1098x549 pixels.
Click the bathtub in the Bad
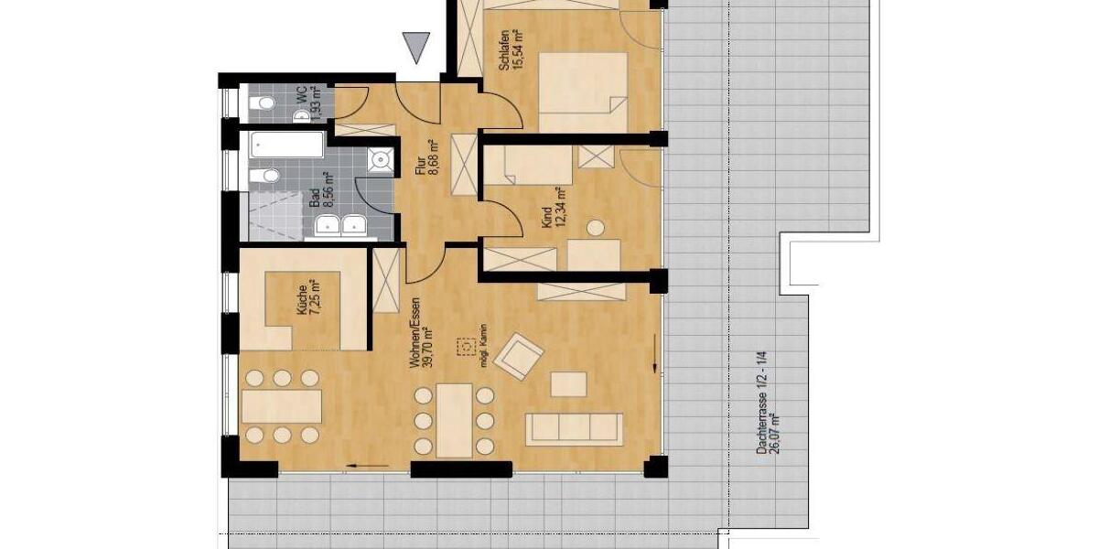(285, 145)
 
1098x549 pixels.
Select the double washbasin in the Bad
(340, 226)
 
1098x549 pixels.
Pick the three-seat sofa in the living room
(574, 427)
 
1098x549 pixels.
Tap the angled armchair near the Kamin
(518, 355)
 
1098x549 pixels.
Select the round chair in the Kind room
(597, 227)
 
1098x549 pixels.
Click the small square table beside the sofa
(568, 383)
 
